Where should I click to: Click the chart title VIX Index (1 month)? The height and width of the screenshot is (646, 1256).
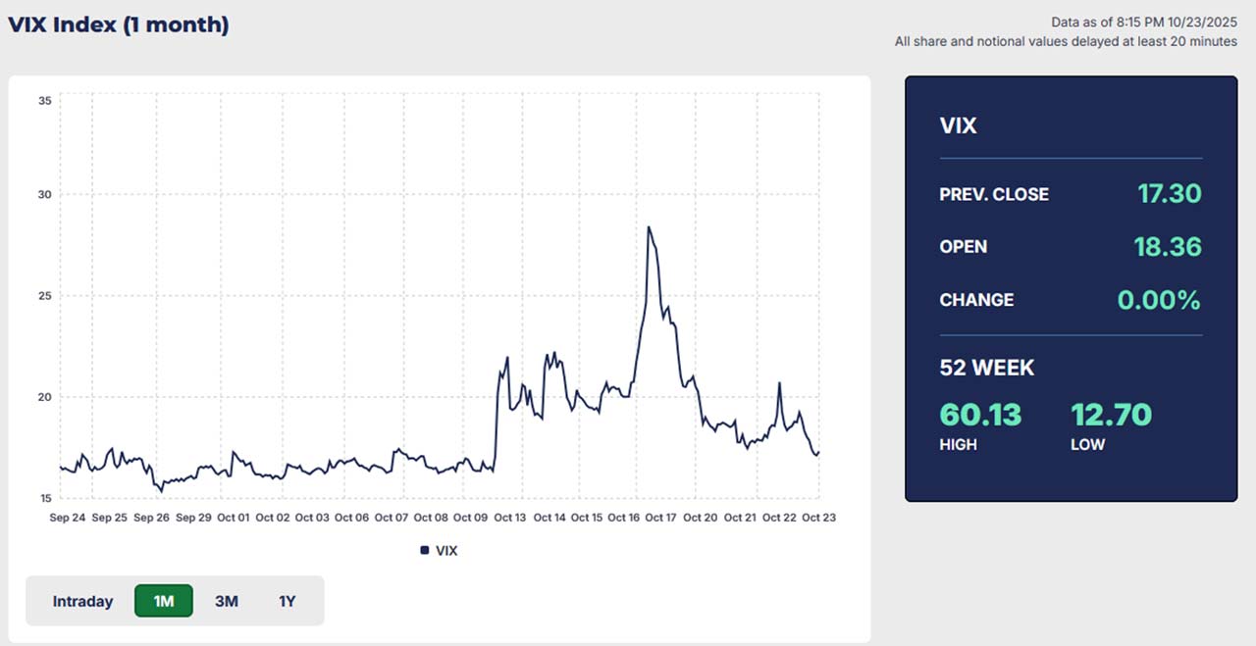119,25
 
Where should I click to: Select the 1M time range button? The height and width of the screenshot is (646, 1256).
164,601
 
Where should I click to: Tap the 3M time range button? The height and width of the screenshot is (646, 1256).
227,601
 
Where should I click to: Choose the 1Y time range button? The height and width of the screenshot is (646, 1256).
287,601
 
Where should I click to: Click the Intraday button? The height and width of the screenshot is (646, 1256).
82,601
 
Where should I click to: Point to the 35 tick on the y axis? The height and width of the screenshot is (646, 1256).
44,100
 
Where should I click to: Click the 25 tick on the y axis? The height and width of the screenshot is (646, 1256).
44,296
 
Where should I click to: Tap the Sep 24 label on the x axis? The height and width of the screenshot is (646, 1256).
67,517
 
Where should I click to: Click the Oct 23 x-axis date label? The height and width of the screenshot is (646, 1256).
817,517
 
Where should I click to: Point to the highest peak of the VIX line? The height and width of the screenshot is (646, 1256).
649,227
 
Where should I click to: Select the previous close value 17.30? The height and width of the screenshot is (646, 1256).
1169,194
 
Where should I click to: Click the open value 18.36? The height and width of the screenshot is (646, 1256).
1168,246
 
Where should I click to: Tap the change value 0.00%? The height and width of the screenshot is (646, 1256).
1159,300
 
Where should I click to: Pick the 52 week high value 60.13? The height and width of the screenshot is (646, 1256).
980,415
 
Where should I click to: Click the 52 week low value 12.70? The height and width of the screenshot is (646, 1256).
1111,415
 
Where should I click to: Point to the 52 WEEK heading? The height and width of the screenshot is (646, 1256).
987,368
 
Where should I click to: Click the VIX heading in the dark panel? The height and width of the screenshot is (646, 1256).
958,125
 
